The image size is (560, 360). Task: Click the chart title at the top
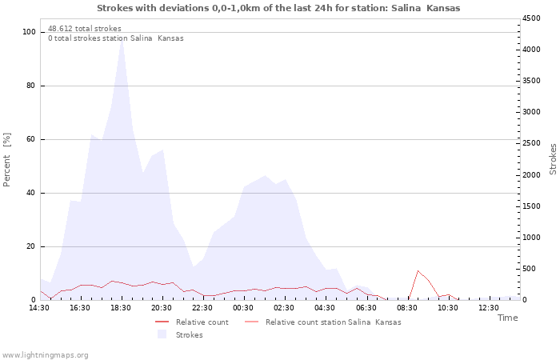coord(278,8)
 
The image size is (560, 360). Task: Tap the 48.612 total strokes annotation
coord(85,28)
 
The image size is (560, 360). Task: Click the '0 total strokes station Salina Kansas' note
coord(115,38)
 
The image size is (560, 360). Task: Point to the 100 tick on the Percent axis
coord(30,32)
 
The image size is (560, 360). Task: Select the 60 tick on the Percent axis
coord(32,139)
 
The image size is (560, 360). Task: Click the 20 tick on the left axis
coord(32,246)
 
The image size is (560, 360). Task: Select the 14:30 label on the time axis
coord(39,308)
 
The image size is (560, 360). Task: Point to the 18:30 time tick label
coord(121,308)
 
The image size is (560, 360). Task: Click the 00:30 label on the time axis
coord(243,308)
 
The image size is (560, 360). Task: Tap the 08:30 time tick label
coord(407,308)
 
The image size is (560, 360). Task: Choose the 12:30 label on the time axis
coord(489,308)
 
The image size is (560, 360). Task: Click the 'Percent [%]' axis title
coord(7,160)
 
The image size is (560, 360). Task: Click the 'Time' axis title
coord(507,318)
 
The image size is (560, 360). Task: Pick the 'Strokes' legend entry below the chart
coord(189,334)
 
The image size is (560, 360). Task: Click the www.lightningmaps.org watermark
coord(45,354)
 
